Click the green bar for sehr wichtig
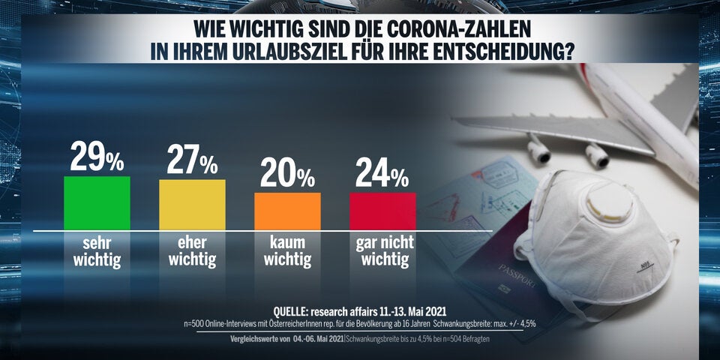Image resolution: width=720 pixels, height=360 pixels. click(97, 202)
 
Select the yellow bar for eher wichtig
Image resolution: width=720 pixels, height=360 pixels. click(192, 204)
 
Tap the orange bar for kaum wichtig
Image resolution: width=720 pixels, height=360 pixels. click(287, 211)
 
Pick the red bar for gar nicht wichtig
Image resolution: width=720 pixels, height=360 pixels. click(382, 211)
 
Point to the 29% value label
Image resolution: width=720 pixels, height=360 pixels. click(97, 157)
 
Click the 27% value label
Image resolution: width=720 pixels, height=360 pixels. click(192, 160)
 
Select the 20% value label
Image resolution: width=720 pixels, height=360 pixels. click(287, 174)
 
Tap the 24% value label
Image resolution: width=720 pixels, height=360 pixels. click(382, 174)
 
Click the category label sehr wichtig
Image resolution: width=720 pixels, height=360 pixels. click(97, 251)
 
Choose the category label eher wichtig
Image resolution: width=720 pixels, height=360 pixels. click(192, 251)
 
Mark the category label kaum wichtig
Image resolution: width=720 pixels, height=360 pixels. click(287, 251)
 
